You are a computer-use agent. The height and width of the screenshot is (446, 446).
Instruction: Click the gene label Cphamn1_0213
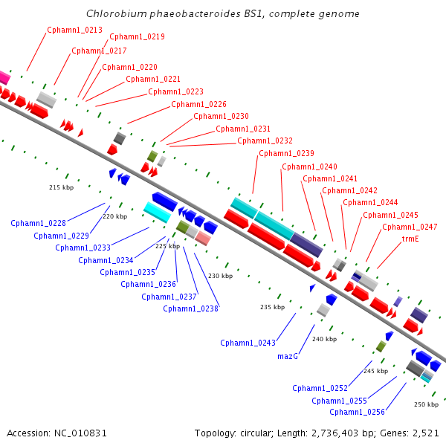click(74, 30)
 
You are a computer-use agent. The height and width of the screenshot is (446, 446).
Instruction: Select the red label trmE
click(410, 239)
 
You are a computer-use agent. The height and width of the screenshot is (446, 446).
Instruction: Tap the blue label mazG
click(288, 356)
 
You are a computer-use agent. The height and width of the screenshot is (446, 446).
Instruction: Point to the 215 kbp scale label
click(62, 187)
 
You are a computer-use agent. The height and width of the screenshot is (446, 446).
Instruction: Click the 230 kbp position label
click(221, 276)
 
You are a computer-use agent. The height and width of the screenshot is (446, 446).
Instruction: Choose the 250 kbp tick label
click(427, 404)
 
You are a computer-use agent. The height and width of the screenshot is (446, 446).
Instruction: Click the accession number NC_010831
click(80, 433)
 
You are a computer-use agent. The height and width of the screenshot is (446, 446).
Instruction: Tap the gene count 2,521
click(426, 433)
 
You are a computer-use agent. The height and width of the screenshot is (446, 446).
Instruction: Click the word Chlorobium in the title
click(117, 13)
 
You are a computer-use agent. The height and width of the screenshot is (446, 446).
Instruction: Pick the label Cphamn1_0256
click(357, 412)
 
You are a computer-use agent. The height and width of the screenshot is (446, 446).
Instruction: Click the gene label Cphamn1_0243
click(248, 343)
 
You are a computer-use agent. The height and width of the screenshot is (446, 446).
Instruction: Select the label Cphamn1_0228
click(38, 223)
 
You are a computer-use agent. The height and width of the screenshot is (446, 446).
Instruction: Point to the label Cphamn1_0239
click(286, 154)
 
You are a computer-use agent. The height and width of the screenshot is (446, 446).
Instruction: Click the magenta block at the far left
click(4, 77)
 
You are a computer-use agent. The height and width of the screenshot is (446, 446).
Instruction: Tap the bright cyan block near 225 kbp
click(158, 212)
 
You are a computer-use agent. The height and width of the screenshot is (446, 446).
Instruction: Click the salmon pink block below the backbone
click(203, 239)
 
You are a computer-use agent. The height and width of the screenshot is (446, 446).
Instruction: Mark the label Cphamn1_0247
click(410, 227)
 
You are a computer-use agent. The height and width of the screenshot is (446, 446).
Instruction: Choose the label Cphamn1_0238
click(190, 309)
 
